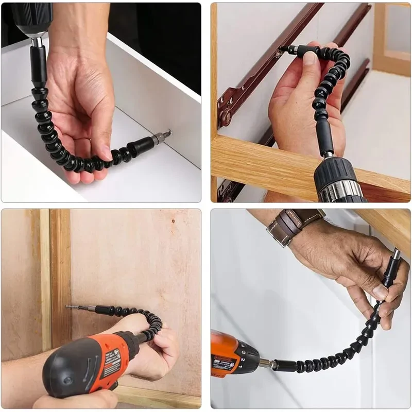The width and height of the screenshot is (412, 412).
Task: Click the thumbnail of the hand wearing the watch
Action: [380, 293]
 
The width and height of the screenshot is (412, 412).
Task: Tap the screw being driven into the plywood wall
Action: [73, 307]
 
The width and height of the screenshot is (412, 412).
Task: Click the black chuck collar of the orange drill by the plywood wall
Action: [127, 344]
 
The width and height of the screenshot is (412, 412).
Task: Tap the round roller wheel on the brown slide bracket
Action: [226, 117]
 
